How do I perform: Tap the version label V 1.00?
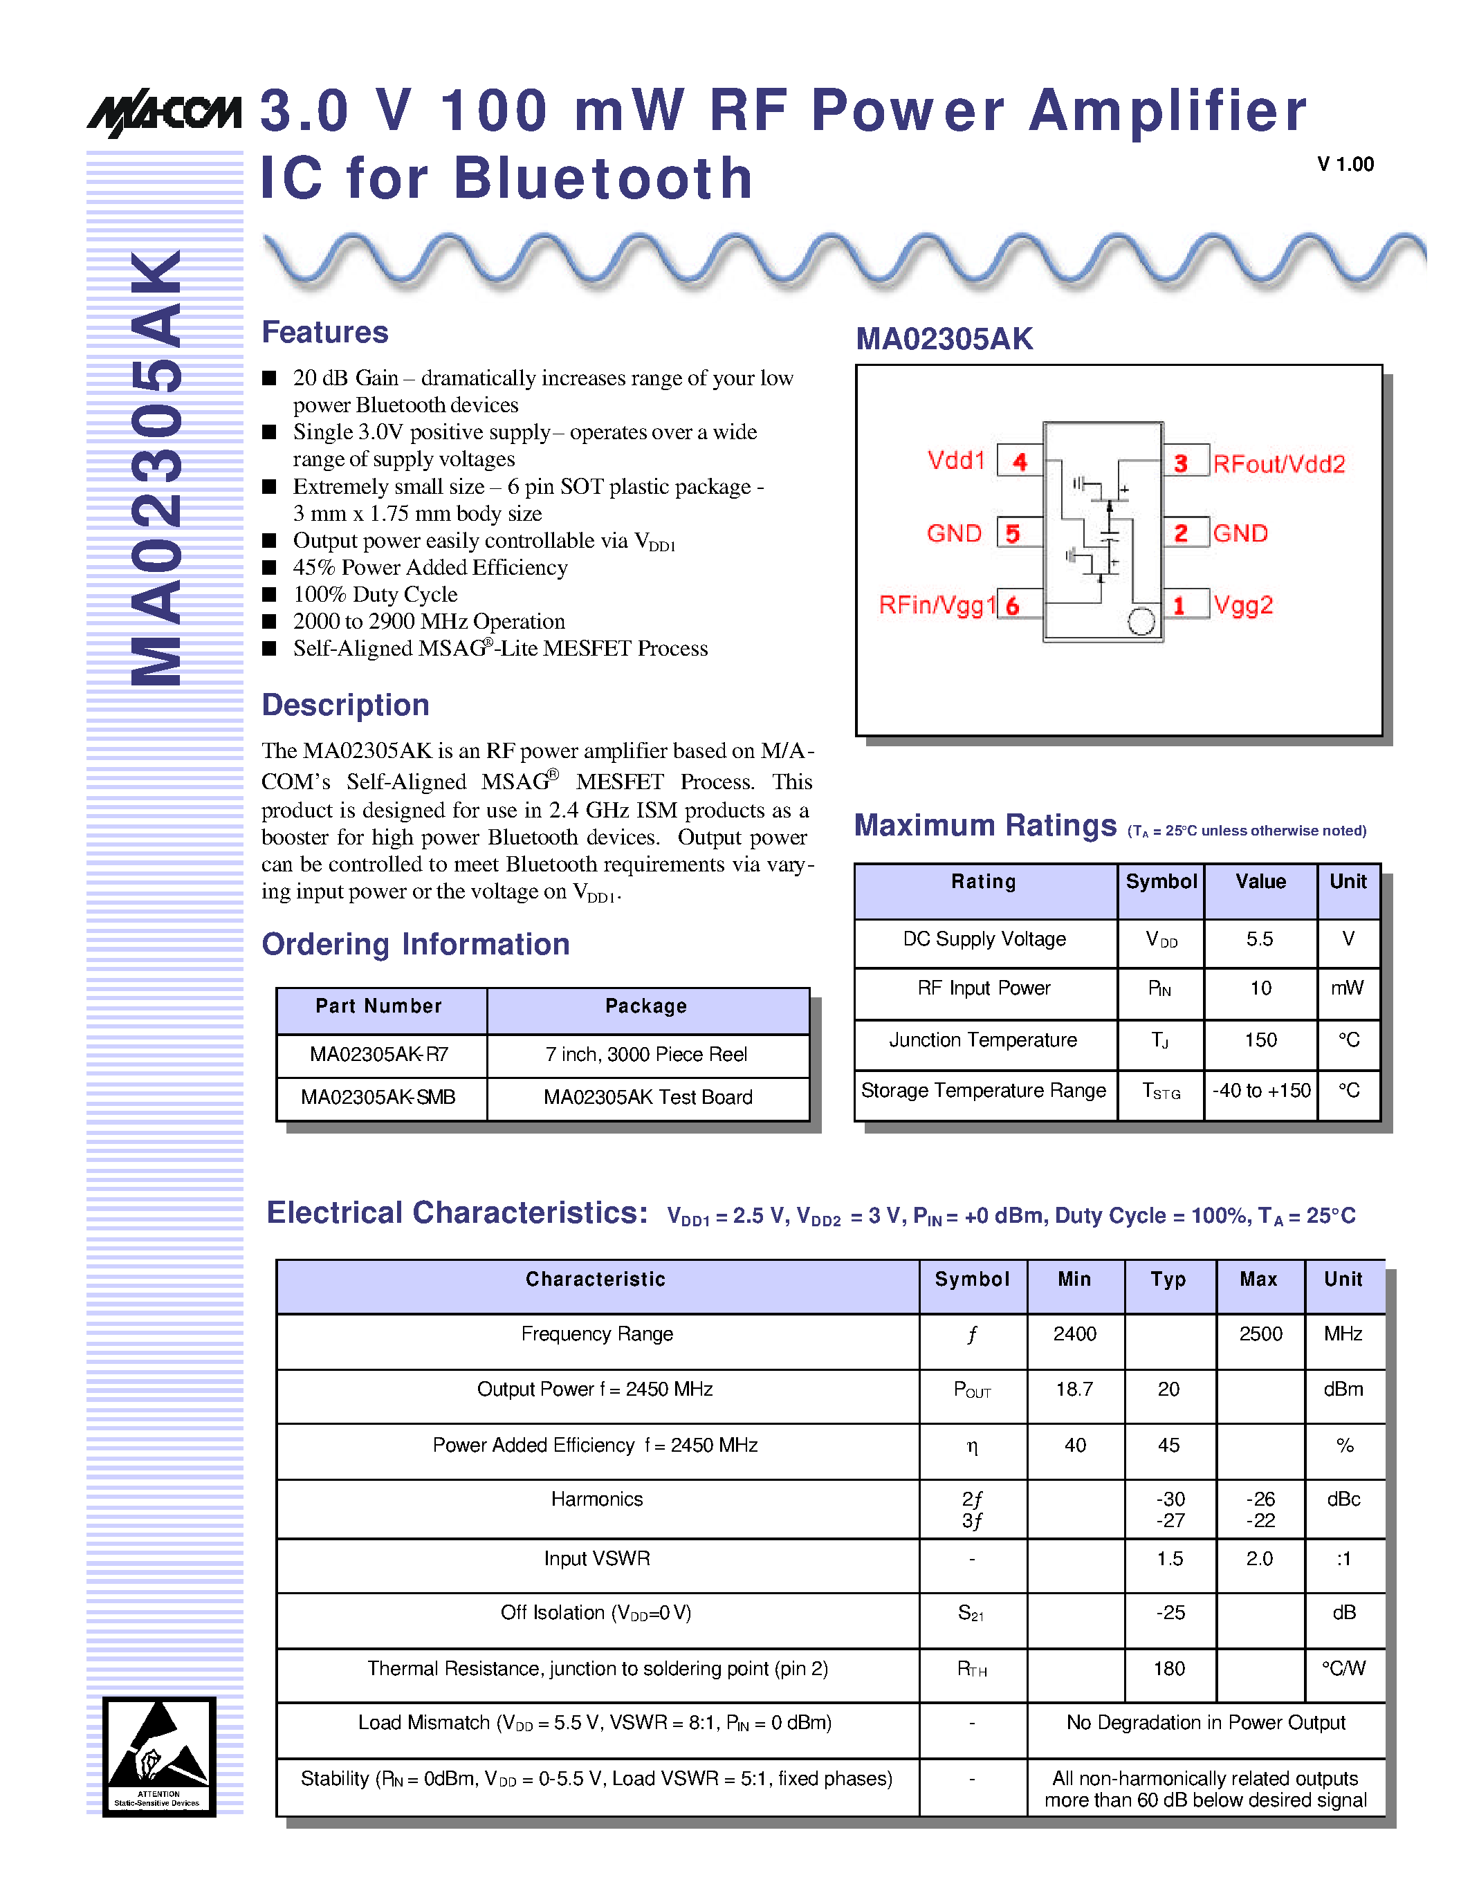coord(1345,165)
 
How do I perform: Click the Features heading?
coord(325,332)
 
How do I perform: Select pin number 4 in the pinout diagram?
coord(1020,461)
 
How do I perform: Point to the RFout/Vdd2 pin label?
coord(1278,464)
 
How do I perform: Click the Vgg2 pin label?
coord(1242,605)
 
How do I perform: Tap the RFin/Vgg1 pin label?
coord(936,605)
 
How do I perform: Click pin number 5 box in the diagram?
coord(1013,533)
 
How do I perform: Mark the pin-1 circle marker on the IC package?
coord(1141,621)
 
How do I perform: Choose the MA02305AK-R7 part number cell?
coord(380,1055)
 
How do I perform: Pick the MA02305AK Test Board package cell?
coord(648,1098)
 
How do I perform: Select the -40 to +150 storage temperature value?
coord(1260,1090)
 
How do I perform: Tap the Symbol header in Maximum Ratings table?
coord(1161,881)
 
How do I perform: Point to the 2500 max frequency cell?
coord(1260,1333)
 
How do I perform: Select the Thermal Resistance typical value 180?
coord(1168,1669)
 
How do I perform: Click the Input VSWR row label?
coord(596,1558)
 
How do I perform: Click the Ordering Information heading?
coord(415,944)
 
